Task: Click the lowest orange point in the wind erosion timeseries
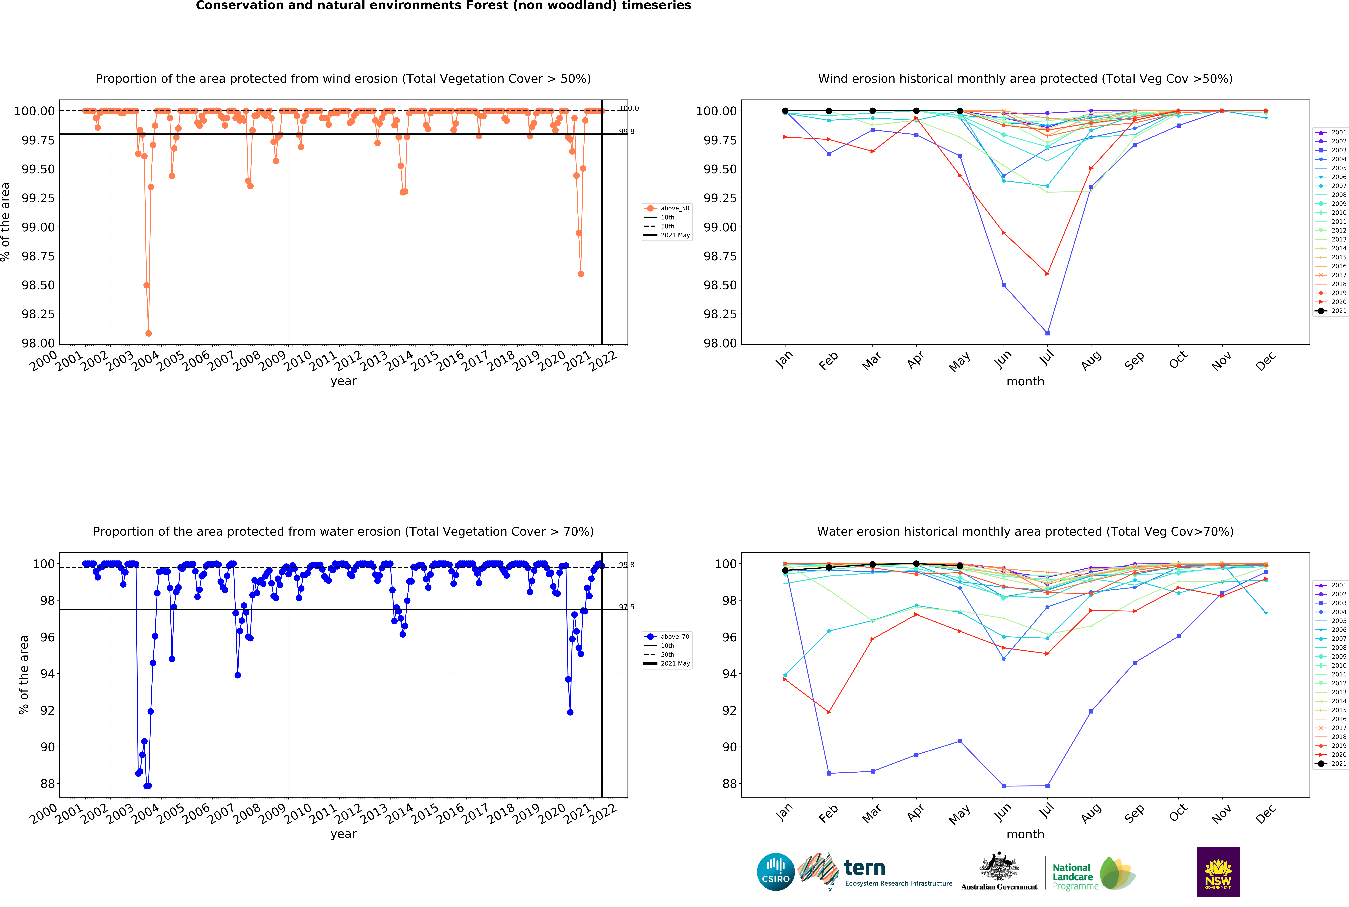(x=149, y=333)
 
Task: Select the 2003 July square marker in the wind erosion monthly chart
(x=1047, y=333)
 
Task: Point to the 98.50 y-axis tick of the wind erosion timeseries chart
(x=38, y=285)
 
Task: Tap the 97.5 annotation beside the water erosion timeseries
(x=626, y=607)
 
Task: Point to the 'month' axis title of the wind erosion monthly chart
(x=1025, y=381)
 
